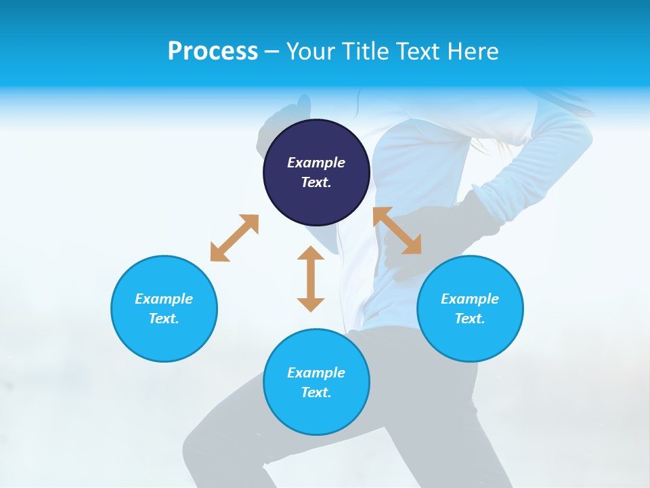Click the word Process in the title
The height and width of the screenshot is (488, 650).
click(213, 52)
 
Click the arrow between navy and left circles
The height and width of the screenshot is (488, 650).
click(234, 238)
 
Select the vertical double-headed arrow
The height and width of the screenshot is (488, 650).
click(311, 279)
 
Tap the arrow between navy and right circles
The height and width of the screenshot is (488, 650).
click(397, 230)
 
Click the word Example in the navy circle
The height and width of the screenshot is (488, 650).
click(316, 163)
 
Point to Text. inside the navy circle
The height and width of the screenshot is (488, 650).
click(316, 182)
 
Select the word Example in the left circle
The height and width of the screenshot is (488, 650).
click(164, 299)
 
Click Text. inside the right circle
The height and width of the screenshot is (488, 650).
click(470, 319)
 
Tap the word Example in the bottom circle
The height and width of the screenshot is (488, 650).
click(316, 373)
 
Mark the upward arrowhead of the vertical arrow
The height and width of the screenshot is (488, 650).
click(311, 253)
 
